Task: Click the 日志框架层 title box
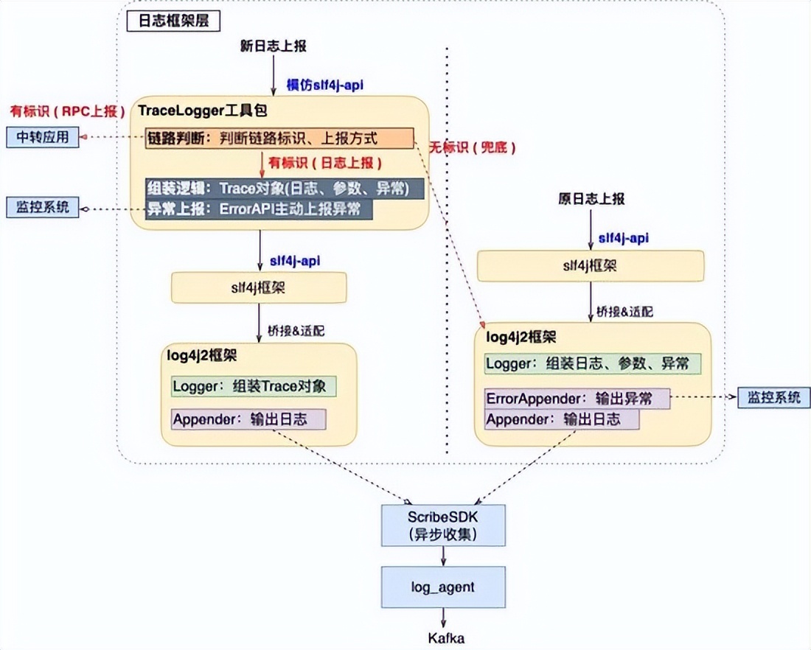(168, 20)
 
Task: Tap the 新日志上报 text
(274, 46)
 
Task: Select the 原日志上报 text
(591, 199)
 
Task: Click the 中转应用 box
(42, 137)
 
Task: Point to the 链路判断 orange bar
(281, 138)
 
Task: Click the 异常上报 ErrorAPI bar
(259, 209)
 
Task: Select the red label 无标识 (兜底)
(473, 147)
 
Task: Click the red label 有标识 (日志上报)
(318, 162)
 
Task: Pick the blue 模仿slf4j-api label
(325, 85)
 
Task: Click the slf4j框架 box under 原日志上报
(591, 266)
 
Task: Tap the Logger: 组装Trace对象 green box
(254, 386)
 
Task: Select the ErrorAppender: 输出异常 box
(577, 399)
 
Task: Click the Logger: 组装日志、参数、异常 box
(592, 363)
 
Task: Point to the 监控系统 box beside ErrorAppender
(773, 398)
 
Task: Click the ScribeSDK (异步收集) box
(442, 524)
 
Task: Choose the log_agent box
(442, 587)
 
